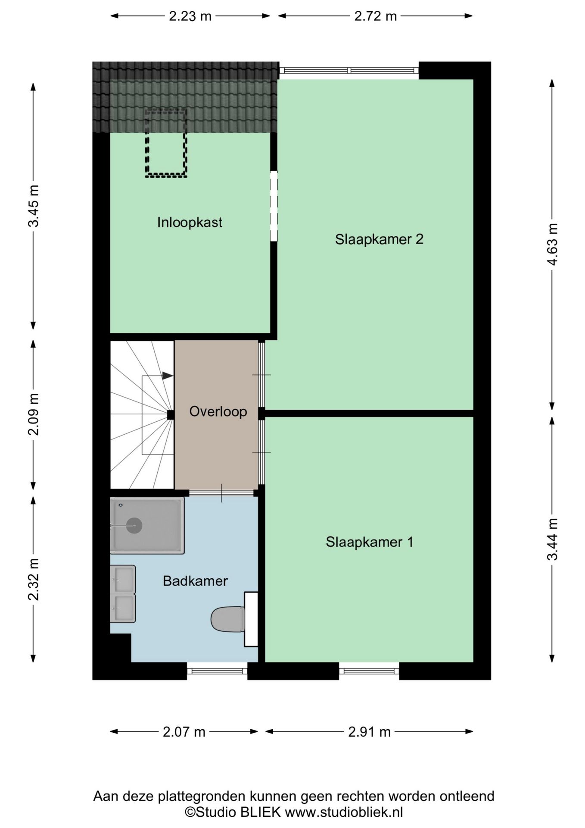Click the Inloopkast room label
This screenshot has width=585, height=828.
[x=190, y=223]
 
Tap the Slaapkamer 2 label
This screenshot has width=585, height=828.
[x=379, y=239]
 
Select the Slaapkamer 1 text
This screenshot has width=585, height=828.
[x=369, y=542]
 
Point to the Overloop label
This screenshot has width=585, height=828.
[x=218, y=411]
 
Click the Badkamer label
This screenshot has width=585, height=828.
[x=195, y=581]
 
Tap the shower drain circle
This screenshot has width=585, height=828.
[x=134, y=526]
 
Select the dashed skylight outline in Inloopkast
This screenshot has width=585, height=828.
[x=166, y=143]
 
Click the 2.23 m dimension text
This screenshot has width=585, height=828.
[x=190, y=16]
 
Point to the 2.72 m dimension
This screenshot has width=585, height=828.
[x=375, y=16]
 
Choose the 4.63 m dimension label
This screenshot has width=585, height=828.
[x=552, y=244]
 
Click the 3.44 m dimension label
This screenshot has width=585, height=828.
[x=552, y=539]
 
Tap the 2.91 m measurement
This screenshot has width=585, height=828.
[x=369, y=732]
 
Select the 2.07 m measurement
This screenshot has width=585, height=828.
[x=184, y=732]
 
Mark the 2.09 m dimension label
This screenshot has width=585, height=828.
[x=34, y=414]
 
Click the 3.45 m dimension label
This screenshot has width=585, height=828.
[x=34, y=206]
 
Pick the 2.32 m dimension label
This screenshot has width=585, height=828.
[x=34, y=579]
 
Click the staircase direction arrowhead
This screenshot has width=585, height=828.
[x=168, y=376]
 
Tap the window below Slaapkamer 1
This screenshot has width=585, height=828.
[x=369, y=671]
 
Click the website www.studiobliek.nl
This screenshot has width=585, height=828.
[x=344, y=812]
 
